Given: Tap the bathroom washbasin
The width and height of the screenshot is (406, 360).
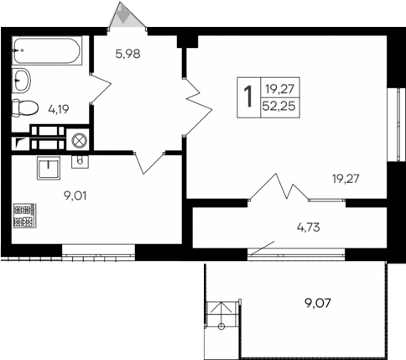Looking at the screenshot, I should click(x=23, y=81).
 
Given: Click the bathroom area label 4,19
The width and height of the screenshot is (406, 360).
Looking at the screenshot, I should click(x=59, y=108).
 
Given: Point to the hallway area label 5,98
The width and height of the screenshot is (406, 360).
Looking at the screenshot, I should click(x=128, y=55).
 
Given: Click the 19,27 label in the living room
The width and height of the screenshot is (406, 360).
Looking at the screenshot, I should click(x=348, y=178).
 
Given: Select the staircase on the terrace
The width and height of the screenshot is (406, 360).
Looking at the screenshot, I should click(x=219, y=320).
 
